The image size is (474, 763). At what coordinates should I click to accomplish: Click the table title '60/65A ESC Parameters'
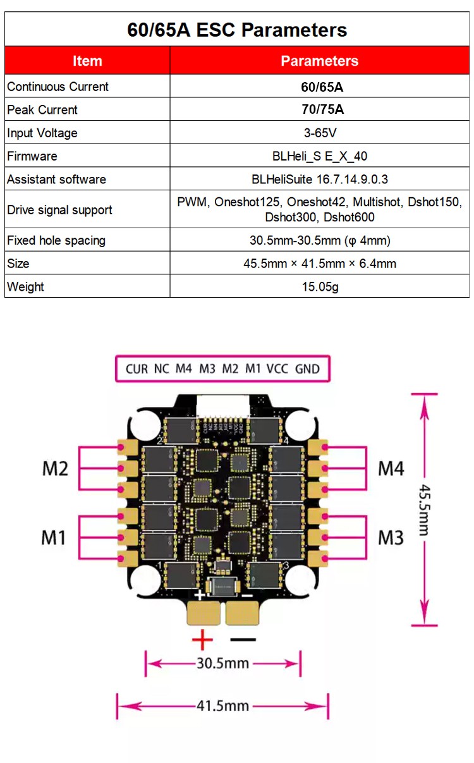(x=237, y=30)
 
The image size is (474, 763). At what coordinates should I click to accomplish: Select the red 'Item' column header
(x=87, y=61)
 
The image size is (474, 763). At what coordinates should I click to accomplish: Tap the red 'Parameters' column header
(x=319, y=61)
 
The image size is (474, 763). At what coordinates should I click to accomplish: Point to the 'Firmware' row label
(x=32, y=156)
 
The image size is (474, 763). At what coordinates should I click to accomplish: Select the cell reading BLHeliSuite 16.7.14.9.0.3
(x=320, y=180)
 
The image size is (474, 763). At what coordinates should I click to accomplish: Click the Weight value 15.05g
(x=320, y=286)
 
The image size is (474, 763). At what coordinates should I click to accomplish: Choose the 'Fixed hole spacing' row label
(x=56, y=240)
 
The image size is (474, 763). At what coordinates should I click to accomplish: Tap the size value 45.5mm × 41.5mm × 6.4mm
(x=320, y=264)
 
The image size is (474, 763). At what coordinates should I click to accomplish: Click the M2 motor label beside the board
(x=55, y=468)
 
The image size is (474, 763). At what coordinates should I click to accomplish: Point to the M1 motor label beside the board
(x=54, y=537)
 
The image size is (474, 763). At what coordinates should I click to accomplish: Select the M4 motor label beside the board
(x=391, y=468)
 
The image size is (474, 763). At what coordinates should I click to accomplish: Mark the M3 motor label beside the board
(x=391, y=537)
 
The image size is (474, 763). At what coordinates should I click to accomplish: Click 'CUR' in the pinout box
(x=137, y=369)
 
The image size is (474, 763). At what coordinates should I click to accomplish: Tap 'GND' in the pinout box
(x=307, y=369)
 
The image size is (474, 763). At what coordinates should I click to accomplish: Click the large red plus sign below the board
(x=202, y=640)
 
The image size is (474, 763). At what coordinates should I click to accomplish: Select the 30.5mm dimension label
(x=223, y=664)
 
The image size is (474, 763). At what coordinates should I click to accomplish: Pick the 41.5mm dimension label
(x=223, y=705)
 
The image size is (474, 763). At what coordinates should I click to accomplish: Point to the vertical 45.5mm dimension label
(x=425, y=510)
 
